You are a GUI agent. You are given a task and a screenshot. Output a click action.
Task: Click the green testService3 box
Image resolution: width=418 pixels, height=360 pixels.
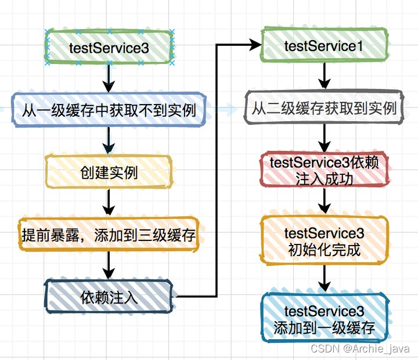pyautogui.click(x=109, y=48)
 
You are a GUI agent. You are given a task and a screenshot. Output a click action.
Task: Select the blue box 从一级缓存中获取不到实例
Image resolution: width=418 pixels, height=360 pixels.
pyautogui.click(x=109, y=109)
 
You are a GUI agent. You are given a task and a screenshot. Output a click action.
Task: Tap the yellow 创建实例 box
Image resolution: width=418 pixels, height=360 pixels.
pyautogui.click(x=109, y=172)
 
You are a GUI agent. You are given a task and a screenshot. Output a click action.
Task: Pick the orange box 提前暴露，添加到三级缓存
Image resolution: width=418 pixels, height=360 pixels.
pyautogui.click(x=109, y=235)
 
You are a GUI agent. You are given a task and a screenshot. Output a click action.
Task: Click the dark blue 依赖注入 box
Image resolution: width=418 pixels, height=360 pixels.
pyautogui.click(x=109, y=297)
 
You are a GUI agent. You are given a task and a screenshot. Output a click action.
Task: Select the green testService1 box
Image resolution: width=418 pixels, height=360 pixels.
pyautogui.click(x=323, y=46)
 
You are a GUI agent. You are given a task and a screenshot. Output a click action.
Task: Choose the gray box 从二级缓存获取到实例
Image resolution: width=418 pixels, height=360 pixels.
pyautogui.click(x=323, y=107)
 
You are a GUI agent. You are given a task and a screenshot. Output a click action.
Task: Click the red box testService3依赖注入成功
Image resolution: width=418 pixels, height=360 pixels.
pyautogui.click(x=323, y=171)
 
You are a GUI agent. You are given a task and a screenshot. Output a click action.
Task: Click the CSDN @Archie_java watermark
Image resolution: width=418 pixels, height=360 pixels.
pyautogui.click(x=360, y=348)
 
